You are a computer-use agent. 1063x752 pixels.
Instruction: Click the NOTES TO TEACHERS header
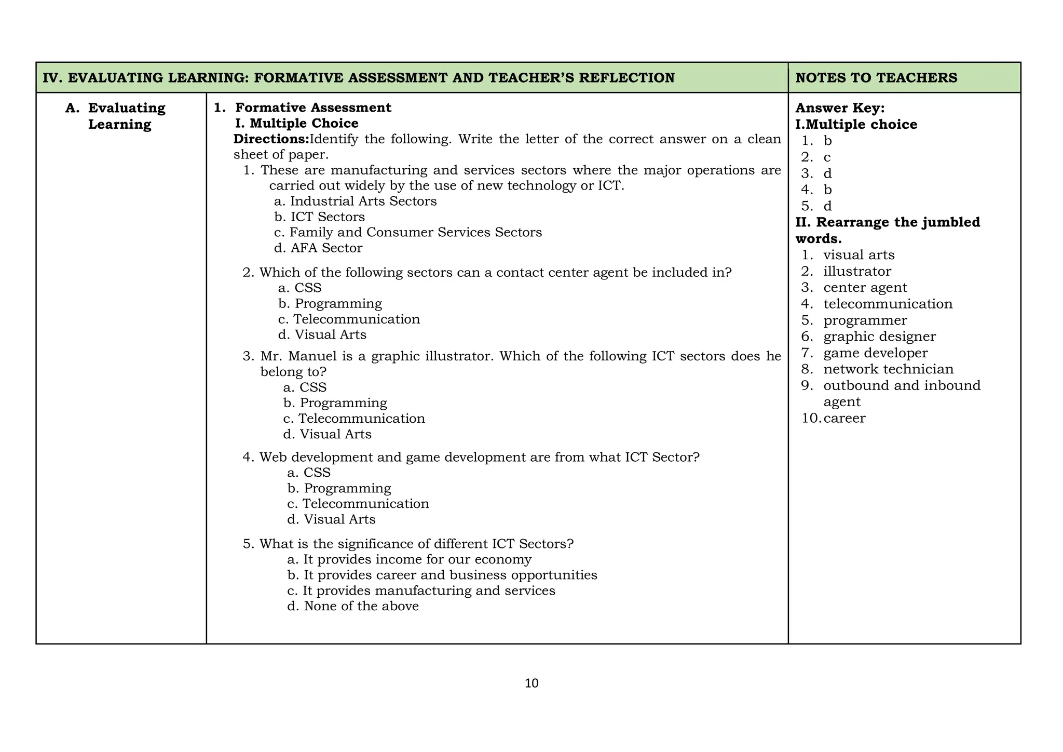pyautogui.click(x=876, y=78)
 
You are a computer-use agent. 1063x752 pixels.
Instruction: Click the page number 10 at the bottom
pyautogui.click(x=531, y=683)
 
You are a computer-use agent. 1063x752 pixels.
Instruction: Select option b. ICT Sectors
pyautogui.click(x=320, y=217)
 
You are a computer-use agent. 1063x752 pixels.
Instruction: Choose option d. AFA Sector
pyautogui.click(x=318, y=248)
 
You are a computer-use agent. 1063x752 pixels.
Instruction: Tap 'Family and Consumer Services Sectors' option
pyautogui.click(x=408, y=233)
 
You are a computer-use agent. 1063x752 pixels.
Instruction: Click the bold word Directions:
pyautogui.click(x=271, y=139)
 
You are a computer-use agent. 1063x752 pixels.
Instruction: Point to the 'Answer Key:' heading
pyautogui.click(x=840, y=108)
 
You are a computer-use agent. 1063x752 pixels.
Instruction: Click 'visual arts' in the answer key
pyautogui.click(x=859, y=255)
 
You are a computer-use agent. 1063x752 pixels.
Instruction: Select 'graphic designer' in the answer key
pyautogui.click(x=879, y=337)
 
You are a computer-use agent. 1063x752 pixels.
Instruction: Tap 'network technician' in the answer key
pyautogui.click(x=888, y=369)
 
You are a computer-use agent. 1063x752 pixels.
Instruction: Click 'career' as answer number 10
pyautogui.click(x=844, y=418)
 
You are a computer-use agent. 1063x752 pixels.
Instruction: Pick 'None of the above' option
pyautogui.click(x=353, y=607)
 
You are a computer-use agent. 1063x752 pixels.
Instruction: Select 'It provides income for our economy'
pyautogui.click(x=410, y=560)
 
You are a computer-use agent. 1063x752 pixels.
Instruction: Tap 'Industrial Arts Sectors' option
pyautogui.click(x=356, y=202)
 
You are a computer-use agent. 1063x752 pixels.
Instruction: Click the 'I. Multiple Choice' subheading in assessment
pyautogui.click(x=296, y=124)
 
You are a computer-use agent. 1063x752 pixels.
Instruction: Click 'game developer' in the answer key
pyautogui.click(x=875, y=353)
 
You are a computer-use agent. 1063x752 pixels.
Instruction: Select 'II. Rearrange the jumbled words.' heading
pyautogui.click(x=888, y=230)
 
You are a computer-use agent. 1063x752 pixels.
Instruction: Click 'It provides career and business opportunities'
pyautogui.click(x=442, y=575)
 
